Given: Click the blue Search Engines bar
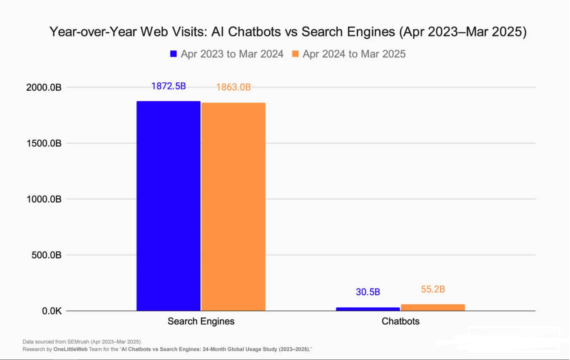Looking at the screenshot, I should point(168,206).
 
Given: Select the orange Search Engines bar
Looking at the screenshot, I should point(234,207).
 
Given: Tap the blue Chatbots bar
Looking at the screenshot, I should point(368,309).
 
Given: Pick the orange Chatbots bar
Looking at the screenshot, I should point(433,308).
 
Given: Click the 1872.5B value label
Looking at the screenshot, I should point(168,86).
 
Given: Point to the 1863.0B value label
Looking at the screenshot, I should point(233,87).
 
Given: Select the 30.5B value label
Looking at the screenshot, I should point(368,292).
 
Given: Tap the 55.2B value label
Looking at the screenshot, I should point(433,289).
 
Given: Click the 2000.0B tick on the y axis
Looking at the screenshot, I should point(44,87).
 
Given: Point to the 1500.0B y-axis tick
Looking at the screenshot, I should point(44,143).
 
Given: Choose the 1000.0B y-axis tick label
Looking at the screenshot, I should point(44,199).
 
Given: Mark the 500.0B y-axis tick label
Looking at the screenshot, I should point(46,255).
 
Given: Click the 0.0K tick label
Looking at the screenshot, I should point(51,311).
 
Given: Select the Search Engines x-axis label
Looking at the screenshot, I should point(201,321).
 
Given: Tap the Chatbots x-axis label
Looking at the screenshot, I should point(400,321).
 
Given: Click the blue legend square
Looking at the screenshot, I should point(174,54).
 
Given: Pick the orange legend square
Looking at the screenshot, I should point(296,54).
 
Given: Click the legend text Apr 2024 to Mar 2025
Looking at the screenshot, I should point(354,54).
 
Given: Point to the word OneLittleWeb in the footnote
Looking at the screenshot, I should point(70,349).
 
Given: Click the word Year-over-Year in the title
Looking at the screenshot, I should point(93,32).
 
